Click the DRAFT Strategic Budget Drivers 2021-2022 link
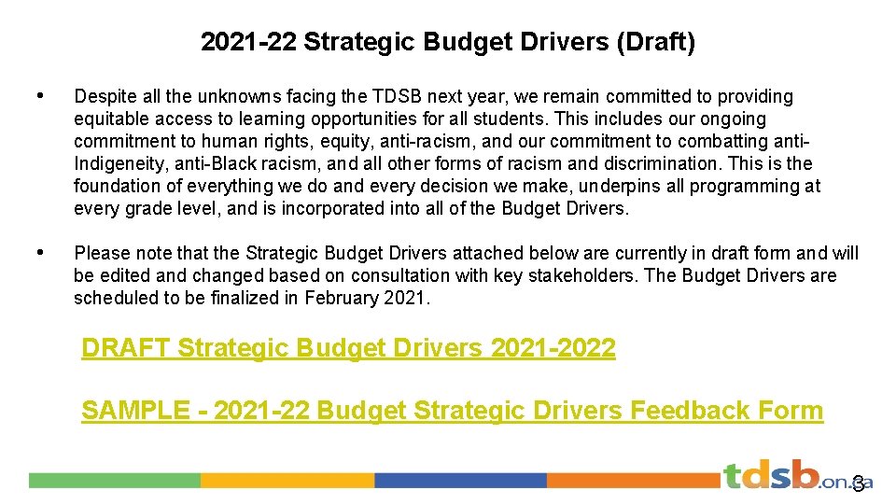click(348, 348)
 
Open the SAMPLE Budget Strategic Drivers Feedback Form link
click(452, 410)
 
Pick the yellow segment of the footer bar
click(287, 480)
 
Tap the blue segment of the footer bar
click(460, 480)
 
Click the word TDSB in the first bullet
click(399, 96)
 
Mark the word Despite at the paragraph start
click(104, 96)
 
